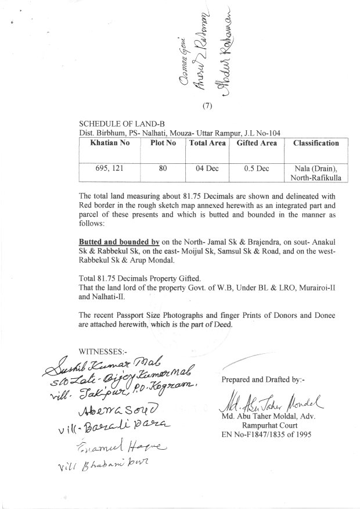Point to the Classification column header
click(316, 142)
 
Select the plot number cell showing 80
click(163, 169)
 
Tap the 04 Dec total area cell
click(206, 169)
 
